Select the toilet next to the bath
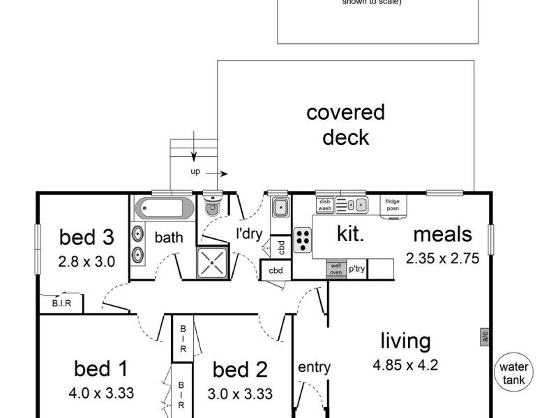click(212, 208)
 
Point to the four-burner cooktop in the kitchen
click(303, 240)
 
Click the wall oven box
click(335, 268)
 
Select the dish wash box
click(324, 205)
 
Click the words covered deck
click(345, 124)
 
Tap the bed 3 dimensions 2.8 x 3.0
click(86, 262)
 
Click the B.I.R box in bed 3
click(61, 302)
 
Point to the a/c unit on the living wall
click(483, 336)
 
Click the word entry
click(313, 367)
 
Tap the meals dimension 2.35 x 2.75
click(442, 258)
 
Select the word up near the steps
click(195, 170)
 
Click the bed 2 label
click(240, 369)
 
